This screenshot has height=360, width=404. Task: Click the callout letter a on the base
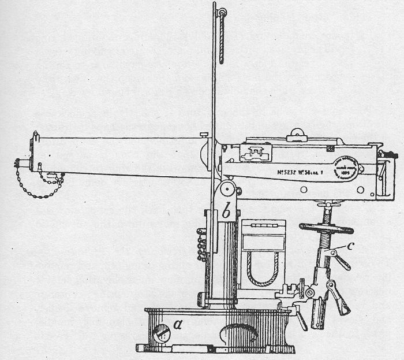(178, 326)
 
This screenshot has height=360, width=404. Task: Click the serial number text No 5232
(282, 171)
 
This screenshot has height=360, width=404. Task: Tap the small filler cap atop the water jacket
(203, 135)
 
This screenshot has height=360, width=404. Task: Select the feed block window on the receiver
(256, 153)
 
